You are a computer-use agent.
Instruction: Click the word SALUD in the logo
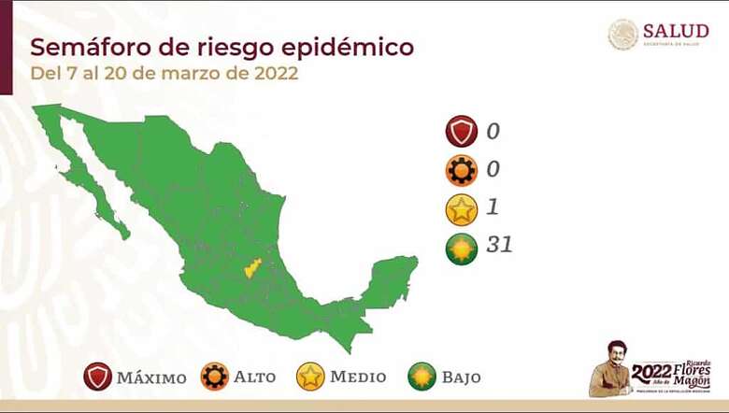coord(675,31)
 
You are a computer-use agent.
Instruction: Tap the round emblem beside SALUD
coord(622,35)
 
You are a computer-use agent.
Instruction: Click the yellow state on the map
coord(251,269)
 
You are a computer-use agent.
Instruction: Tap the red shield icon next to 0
coord(462,133)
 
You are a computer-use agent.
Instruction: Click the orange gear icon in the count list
coord(462,170)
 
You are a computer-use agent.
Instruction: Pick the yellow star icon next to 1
coord(462,208)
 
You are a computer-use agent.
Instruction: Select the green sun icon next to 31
coord(462,247)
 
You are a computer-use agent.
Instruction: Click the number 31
coord(499,246)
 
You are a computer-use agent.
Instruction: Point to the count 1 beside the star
coord(493,207)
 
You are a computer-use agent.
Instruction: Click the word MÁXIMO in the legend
coord(151,377)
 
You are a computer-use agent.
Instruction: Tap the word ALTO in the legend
coord(255,377)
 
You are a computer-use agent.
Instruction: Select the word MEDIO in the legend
coord(358,377)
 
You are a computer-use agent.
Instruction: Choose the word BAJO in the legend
coord(463,377)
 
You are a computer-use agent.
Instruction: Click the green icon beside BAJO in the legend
coord(422,377)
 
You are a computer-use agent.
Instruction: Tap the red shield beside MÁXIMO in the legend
coord(97,377)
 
